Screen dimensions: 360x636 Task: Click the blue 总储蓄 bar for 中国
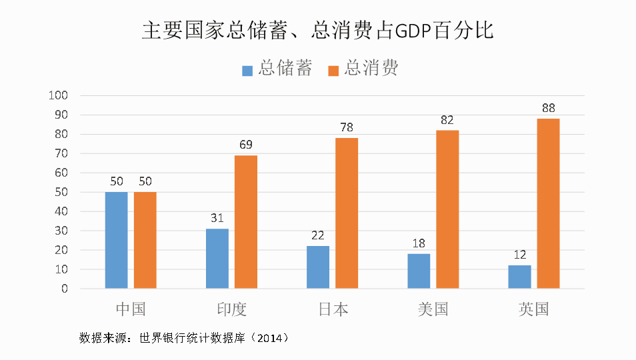pos(116,240)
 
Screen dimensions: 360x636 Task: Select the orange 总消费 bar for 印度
pos(245,222)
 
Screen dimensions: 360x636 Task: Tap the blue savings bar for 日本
pos(318,267)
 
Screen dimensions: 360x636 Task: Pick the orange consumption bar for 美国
pos(447,209)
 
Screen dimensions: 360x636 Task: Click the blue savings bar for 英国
pos(519,277)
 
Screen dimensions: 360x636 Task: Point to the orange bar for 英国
pos(548,203)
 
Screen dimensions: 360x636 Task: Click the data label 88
pos(548,108)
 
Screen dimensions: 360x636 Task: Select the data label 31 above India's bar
pos(217,218)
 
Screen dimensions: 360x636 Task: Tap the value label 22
pos(318,235)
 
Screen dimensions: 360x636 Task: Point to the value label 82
pos(447,120)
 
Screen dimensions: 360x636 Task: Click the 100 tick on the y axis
pos(59,95)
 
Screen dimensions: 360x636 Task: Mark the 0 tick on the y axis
pos(65,289)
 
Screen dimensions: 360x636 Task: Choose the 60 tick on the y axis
pos(61,173)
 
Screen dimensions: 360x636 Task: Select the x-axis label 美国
pos(433,309)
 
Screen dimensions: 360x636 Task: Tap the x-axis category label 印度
pos(231,309)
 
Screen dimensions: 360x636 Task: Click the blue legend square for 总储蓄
pos(247,69)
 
